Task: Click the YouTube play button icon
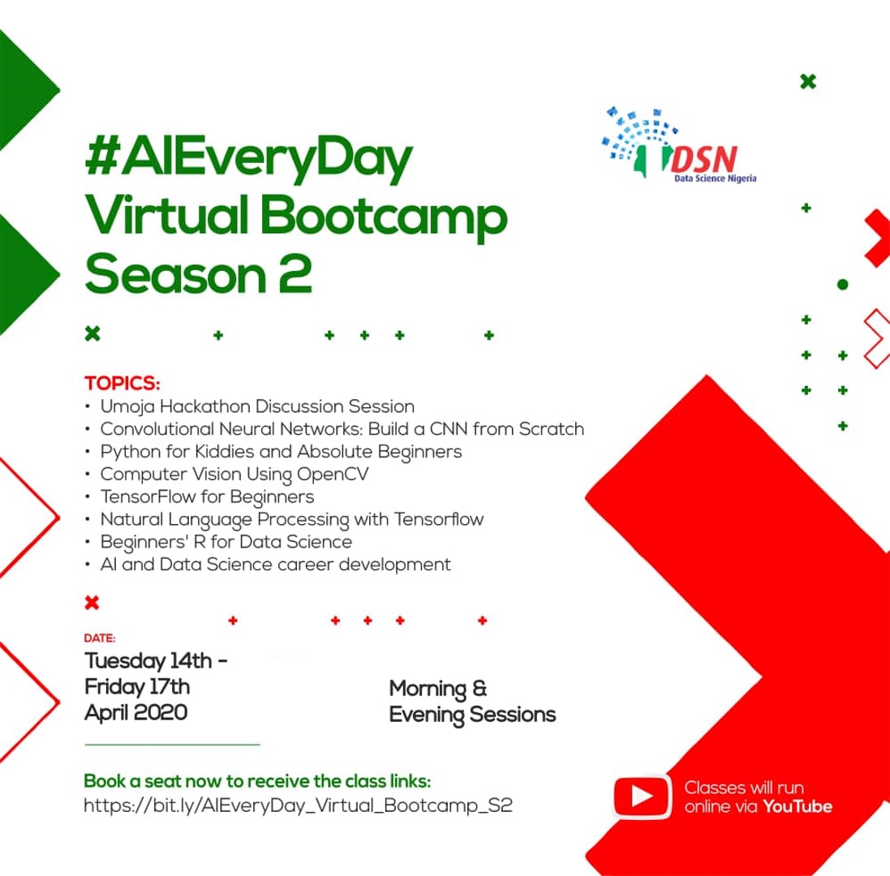pos(643,796)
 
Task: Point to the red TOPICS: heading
pos(123,383)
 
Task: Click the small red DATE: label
pos(100,638)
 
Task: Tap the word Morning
pos(429,690)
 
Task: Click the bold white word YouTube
pos(798,806)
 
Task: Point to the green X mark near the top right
pos(806,81)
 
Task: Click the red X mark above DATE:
pos(92,602)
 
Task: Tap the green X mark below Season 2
pos(92,333)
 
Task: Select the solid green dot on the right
pos(842,284)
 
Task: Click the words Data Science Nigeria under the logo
pos(716,178)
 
